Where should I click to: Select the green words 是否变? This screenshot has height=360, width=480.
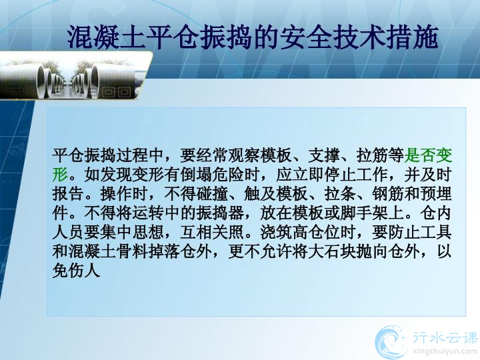coord(428,155)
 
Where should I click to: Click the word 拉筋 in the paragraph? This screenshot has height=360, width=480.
coord(372,155)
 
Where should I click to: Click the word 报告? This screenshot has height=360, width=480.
coord(68,194)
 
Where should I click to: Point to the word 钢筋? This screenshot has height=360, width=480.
coord(388,194)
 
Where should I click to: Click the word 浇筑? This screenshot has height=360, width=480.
coord(276,233)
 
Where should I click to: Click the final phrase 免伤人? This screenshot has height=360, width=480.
coord(76,271)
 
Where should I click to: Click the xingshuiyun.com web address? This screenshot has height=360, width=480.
coord(445,351)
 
